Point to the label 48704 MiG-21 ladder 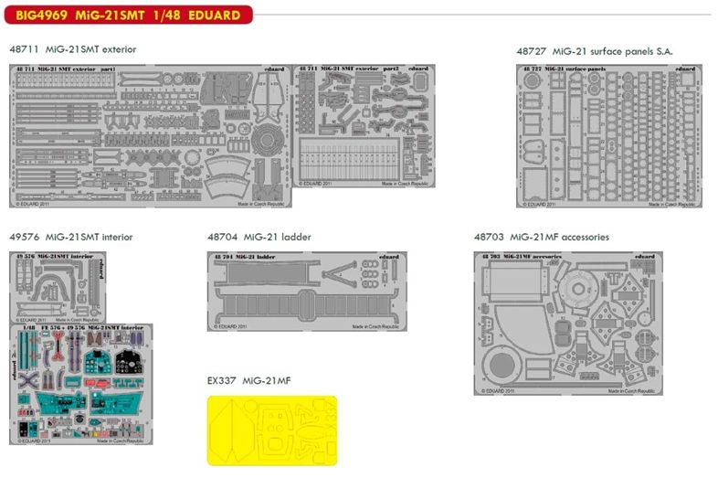tap(259, 237)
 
